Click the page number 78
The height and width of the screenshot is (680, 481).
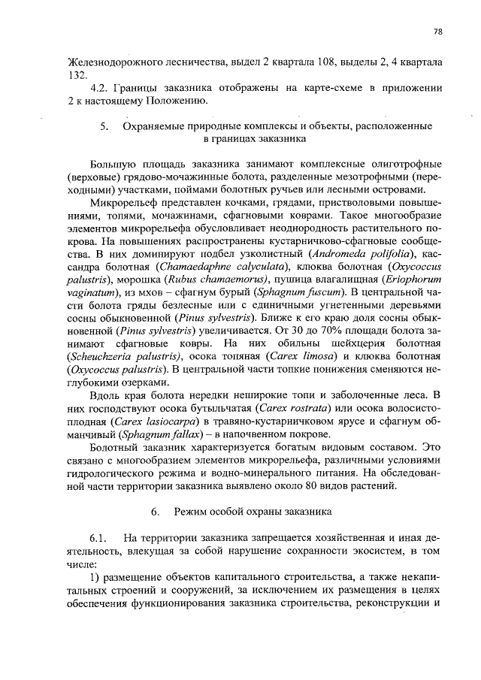pyautogui.click(x=437, y=31)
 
